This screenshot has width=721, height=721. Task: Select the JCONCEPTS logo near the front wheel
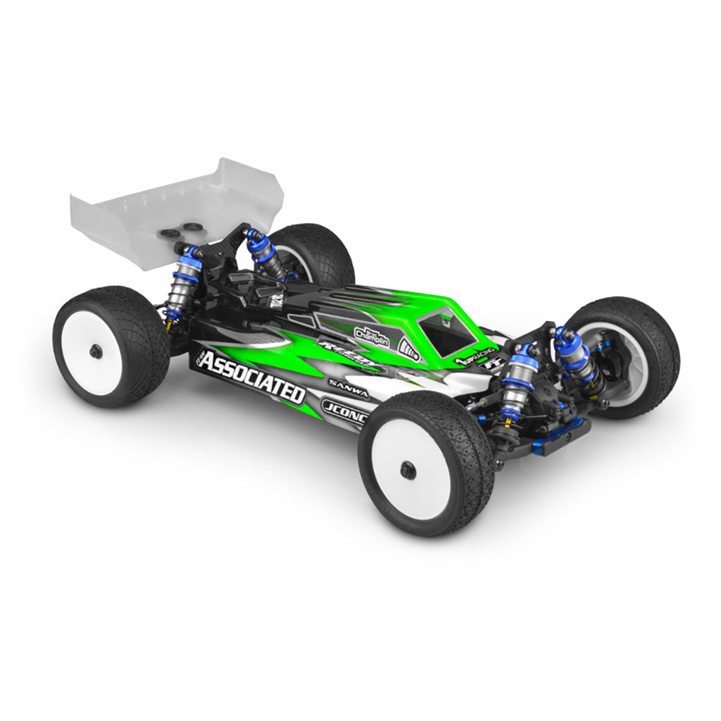tap(344, 408)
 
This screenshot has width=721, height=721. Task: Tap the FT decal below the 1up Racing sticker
tap(487, 367)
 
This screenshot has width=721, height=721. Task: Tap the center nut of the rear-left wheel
tap(95, 350)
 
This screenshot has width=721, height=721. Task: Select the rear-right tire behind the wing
tap(317, 253)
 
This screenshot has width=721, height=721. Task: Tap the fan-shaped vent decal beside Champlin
tap(409, 346)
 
